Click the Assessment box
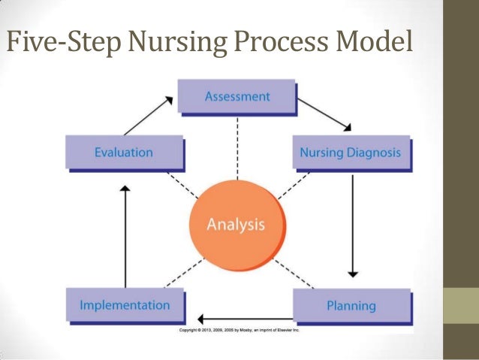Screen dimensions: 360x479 click(x=236, y=97)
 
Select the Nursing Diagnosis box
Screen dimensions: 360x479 click(x=350, y=153)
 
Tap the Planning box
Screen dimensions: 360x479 click(x=351, y=306)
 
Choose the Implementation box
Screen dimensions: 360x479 click(x=125, y=305)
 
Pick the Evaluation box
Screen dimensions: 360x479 click(x=123, y=153)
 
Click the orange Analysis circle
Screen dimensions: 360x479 click(x=237, y=224)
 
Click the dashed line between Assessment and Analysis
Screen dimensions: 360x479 click(x=237, y=150)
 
